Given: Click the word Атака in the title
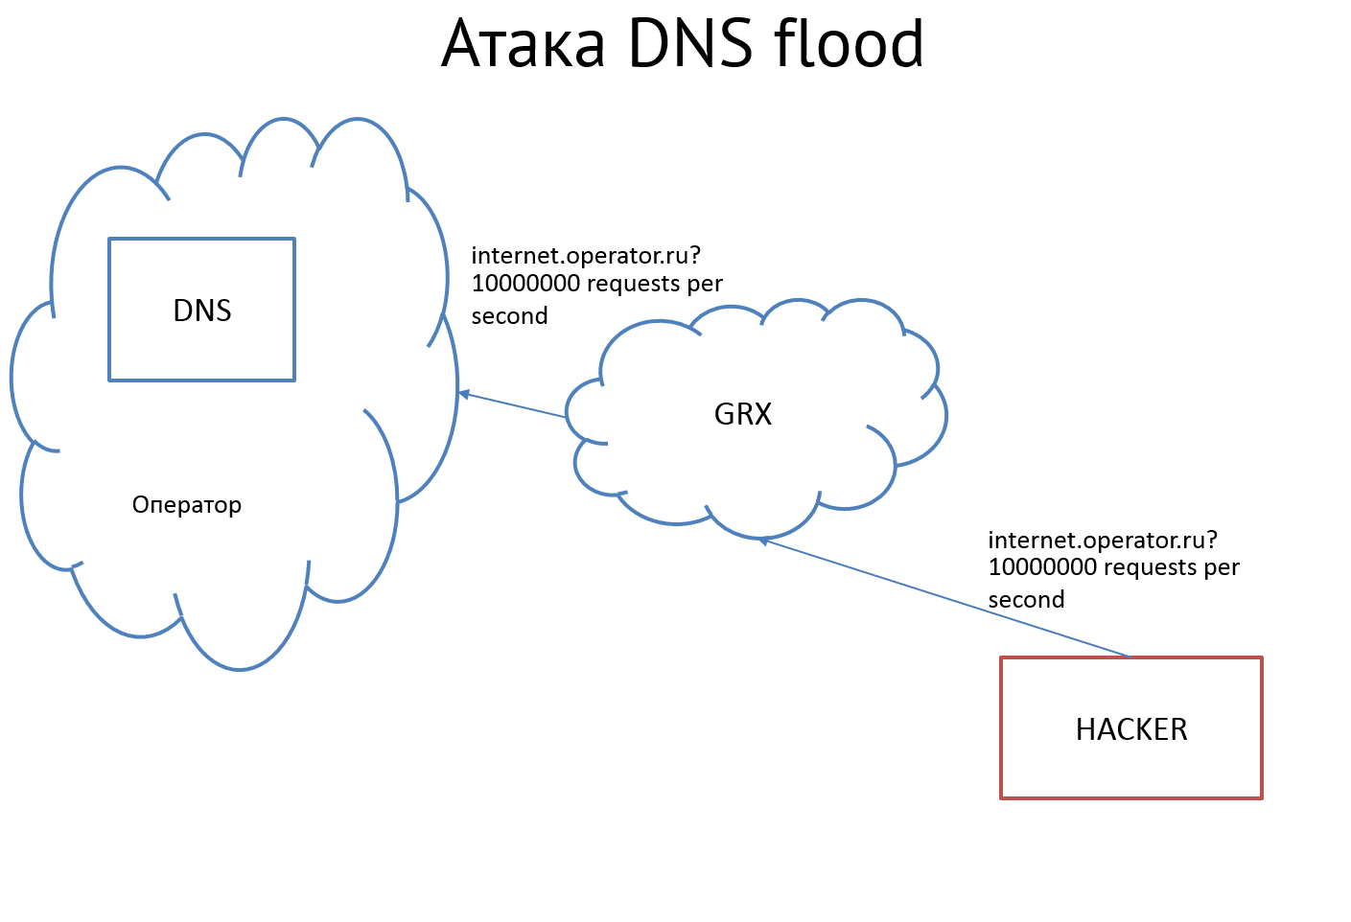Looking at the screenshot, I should pyautogui.click(x=524, y=45).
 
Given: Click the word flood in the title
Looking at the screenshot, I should pyautogui.click(x=849, y=43).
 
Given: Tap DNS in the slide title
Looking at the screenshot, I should pyautogui.click(x=690, y=43).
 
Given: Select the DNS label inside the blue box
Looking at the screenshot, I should pyautogui.click(x=202, y=311).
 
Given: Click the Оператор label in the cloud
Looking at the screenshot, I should pyautogui.click(x=187, y=505).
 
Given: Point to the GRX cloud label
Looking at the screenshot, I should pyautogui.click(x=743, y=414).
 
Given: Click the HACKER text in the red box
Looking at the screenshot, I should pyautogui.click(x=1131, y=729).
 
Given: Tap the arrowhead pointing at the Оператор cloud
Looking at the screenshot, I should pyautogui.click(x=464, y=394).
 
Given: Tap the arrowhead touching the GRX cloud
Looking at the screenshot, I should pyautogui.click(x=764, y=542).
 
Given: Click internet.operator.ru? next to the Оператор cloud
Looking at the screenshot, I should pyautogui.click(x=586, y=256).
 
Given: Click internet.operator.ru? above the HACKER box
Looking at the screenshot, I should pyautogui.click(x=1103, y=541).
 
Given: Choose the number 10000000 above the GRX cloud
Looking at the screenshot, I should pyautogui.click(x=525, y=284).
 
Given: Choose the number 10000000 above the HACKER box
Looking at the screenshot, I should pyautogui.click(x=1042, y=567).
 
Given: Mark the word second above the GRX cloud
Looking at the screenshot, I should pyautogui.click(x=510, y=316).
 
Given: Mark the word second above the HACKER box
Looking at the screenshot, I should pyautogui.click(x=1027, y=600).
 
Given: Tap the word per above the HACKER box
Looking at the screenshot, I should pyautogui.click(x=1222, y=568).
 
